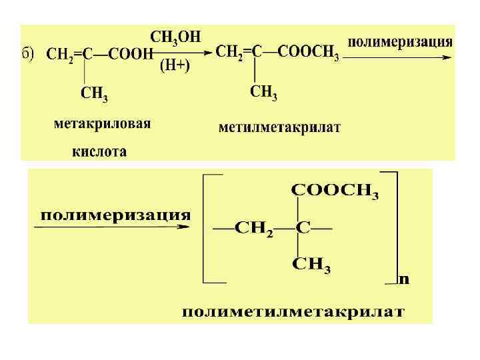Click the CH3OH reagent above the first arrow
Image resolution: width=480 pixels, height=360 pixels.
[x=175, y=37]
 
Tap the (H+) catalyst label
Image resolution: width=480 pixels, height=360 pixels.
[x=175, y=66]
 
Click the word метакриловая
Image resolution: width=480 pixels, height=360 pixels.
[x=102, y=124]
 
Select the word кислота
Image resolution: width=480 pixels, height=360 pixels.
[x=99, y=151]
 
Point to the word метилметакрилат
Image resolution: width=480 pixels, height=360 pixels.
[x=279, y=127]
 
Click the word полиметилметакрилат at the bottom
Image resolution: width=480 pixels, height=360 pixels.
[x=293, y=312]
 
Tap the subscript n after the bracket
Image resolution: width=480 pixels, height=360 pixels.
[x=404, y=279]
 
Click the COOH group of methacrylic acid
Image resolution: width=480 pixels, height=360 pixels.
[x=129, y=55]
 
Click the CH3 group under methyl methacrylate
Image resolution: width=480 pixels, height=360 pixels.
[x=263, y=93]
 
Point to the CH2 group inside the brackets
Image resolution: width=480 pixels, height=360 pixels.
[x=254, y=229]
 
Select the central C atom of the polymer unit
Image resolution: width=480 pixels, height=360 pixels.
[x=303, y=228]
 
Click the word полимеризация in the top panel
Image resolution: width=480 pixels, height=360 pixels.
[x=400, y=41]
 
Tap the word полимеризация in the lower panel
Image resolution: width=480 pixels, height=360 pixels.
[x=116, y=215]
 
